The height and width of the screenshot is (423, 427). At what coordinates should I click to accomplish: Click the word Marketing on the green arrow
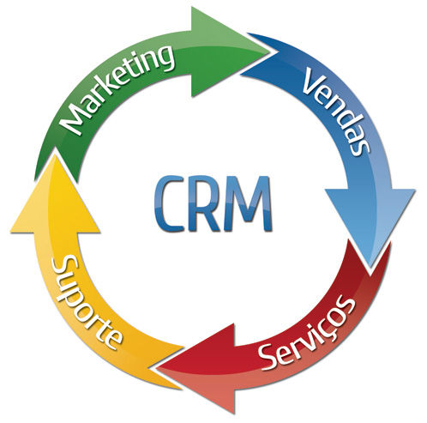click(117, 88)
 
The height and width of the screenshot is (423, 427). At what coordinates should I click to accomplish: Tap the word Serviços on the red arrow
click(308, 334)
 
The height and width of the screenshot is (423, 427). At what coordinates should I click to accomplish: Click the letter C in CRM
click(169, 203)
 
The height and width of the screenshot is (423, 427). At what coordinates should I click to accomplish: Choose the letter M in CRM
click(247, 203)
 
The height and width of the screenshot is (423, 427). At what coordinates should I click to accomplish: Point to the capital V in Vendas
click(316, 82)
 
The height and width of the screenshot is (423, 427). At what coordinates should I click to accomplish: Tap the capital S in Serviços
click(270, 358)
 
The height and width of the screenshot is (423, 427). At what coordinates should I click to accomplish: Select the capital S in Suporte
click(63, 267)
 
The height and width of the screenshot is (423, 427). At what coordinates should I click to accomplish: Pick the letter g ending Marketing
click(163, 58)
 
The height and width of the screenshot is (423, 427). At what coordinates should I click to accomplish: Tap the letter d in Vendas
click(346, 119)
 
